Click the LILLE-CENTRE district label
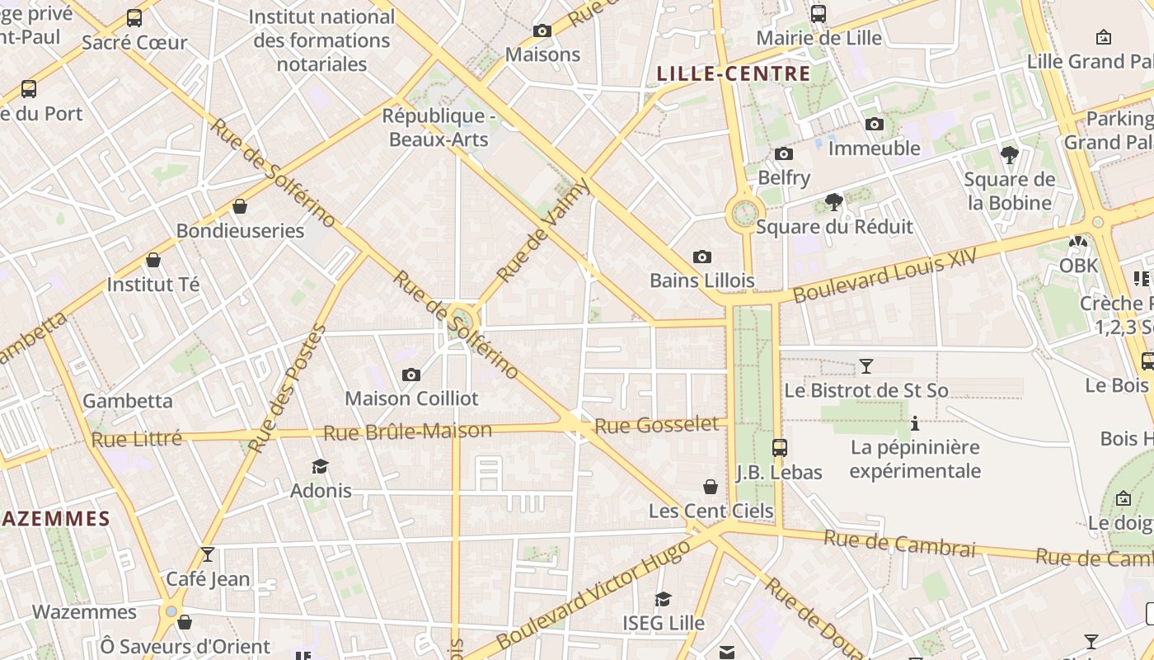[734, 73]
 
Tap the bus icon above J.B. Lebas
[779, 448]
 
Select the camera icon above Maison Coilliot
[410, 375]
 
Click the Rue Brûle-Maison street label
[407, 431]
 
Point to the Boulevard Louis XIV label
[884, 275]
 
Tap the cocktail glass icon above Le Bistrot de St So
[865, 365]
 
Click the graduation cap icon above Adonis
[321, 467]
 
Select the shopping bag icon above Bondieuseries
[240, 206]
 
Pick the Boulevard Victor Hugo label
[593, 595]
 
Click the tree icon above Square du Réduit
[834, 202]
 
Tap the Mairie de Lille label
[819, 38]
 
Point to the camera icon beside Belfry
[784, 154]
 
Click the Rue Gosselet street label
[656, 425]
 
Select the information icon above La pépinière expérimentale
[914, 424]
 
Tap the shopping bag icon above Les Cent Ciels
[711, 487]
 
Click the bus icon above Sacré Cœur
[134, 18]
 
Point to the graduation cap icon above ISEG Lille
[663, 599]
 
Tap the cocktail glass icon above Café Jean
[208, 554]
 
